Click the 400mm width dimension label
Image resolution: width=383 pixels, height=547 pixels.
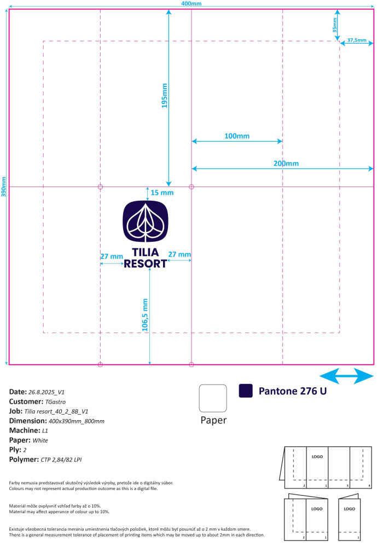click(x=191, y=3)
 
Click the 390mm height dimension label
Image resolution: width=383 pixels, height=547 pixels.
click(x=3, y=187)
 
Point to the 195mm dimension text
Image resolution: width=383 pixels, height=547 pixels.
click(x=164, y=96)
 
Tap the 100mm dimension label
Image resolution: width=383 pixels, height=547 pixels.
click(x=237, y=136)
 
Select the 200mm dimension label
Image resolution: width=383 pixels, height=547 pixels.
click(x=286, y=163)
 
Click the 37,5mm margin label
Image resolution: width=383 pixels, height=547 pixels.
click(x=357, y=40)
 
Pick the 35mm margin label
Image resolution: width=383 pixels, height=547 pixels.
click(x=335, y=25)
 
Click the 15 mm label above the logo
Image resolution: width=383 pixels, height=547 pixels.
click(x=162, y=193)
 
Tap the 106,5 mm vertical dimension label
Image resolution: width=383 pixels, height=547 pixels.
click(x=145, y=315)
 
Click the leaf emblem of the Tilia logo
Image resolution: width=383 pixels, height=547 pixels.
click(x=146, y=222)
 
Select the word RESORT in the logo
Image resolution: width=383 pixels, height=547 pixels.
click(x=146, y=264)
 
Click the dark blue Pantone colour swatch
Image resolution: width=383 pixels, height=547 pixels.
click(x=246, y=391)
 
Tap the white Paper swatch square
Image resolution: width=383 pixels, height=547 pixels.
click(x=213, y=398)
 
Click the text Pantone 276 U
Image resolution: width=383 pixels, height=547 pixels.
click(x=293, y=391)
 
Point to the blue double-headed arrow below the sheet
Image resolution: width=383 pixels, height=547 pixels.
click(x=346, y=376)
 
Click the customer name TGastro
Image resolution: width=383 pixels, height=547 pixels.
click(x=55, y=402)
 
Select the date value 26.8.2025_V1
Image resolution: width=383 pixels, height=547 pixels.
click(x=47, y=392)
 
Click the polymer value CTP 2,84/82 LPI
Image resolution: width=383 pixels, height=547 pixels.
click(x=61, y=460)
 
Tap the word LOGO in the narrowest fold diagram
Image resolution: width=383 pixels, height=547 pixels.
click(x=349, y=509)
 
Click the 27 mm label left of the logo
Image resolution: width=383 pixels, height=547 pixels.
click(x=112, y=257)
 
